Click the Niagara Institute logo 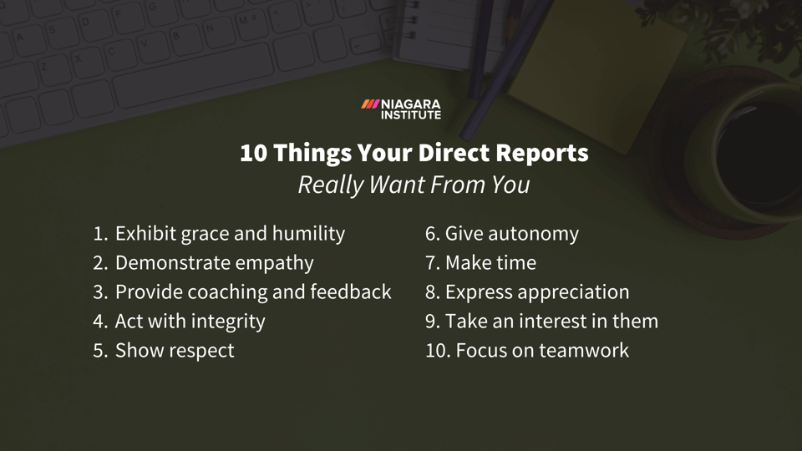(401, 109)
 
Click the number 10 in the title (253, 154)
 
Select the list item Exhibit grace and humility (229, 234)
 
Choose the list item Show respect (174, 351)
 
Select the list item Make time (490, 263)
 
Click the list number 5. (99, 351)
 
